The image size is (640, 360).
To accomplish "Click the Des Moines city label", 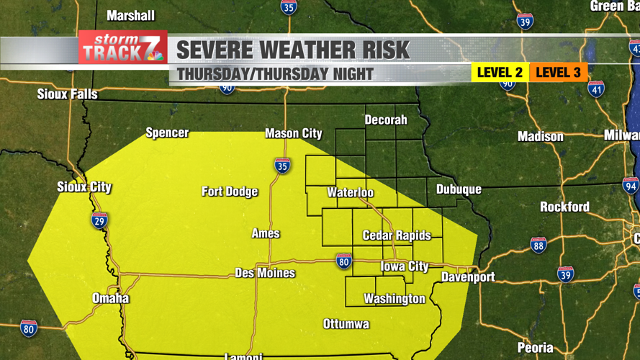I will coord(265,273).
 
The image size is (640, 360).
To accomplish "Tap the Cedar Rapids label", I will coord(397,235).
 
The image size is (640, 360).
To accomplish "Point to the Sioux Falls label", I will coord(67,94).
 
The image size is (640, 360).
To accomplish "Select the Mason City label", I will coord(293,133).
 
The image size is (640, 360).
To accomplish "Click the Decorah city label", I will coord(386,120).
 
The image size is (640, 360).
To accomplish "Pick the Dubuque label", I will coord(459,189).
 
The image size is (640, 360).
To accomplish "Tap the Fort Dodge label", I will coord(230,192).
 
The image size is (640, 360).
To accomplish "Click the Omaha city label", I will coord(111,298).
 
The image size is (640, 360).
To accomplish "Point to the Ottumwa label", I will coord(346,324).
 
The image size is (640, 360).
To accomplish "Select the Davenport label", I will coord(468,277).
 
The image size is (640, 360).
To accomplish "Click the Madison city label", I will coord(541,136).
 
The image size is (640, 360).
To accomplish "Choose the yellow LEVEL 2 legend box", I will coord(500,72).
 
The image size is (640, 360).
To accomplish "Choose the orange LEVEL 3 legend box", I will coord(558,72).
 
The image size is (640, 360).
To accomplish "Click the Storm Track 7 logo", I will coord(122,48).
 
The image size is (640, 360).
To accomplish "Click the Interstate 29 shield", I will coord(100,220).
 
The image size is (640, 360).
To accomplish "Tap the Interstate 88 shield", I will coord(538,245).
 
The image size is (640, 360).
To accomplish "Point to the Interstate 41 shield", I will coord(596,89).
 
